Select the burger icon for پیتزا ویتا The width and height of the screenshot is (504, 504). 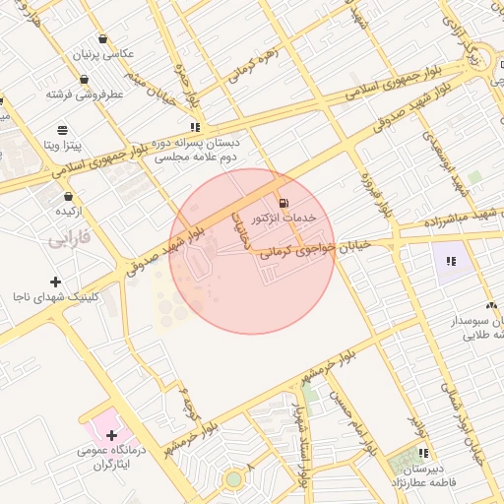pos(63,129)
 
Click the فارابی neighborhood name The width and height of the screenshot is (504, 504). pos(69,238)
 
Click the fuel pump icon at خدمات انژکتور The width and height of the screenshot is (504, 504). pos(284,198)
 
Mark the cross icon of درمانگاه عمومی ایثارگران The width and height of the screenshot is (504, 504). pos(111,434)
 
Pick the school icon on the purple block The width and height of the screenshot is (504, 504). pos(451,261)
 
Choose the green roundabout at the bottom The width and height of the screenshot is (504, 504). pos(233,479)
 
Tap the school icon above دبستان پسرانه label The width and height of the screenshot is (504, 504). pos(196,127)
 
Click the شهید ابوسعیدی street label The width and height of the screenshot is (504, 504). pos(440,162)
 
